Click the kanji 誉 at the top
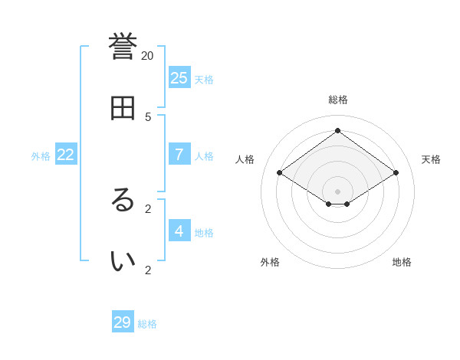(x=123, y=47)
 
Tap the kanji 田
(x=123, y=108)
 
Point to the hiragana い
(x=123, y=260)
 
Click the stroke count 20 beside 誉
(x=147, y=55)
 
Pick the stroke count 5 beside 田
(x=148, y=116)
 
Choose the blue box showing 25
(x=179, y=77)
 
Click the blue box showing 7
(x=179, y=154)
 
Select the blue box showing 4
(x=179, y=231)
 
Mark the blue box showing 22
(x=66, y=154)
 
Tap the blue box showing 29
(x=123, y=322)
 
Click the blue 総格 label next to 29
(x=147, y=324)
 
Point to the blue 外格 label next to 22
(x=41, y=156)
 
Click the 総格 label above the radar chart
(x=338, y=100)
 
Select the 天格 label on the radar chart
(x=431, y=159)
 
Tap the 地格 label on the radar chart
(x=402, y=262)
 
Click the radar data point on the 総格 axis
(x=337, y=130)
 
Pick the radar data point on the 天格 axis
(x=396, y=172)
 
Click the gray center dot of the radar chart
(x=337, y=191)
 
